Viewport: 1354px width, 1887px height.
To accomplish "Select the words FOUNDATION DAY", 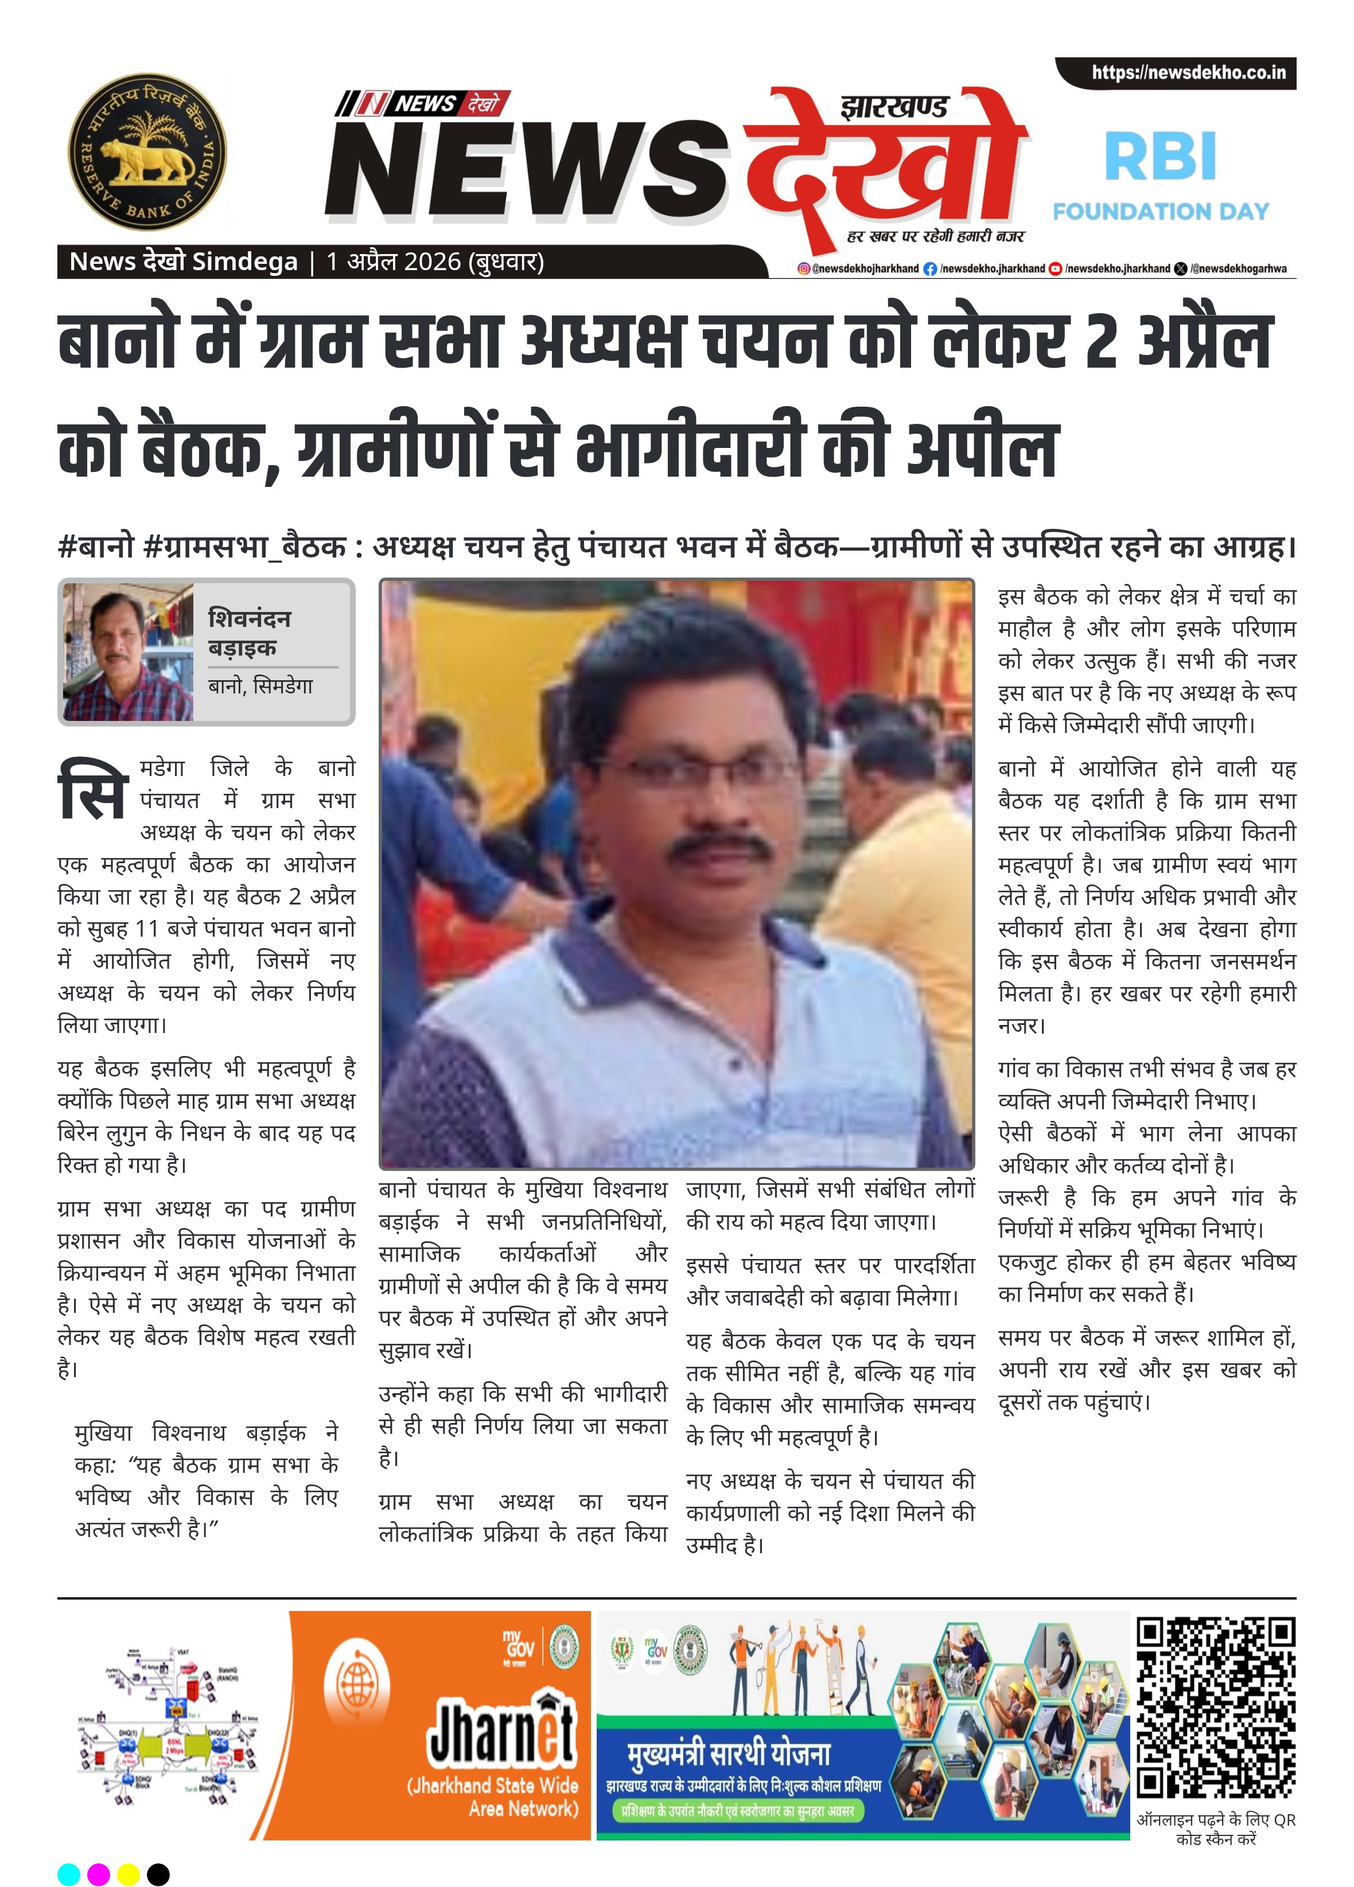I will (x=1160, y=211).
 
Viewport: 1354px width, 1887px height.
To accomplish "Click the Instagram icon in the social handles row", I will (x=803, y=269).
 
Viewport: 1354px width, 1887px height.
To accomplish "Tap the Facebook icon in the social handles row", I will (x=929, y=269).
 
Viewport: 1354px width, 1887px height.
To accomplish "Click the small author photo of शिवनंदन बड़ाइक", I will (x=128, y=652).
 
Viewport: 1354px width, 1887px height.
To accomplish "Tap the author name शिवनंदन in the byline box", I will (x=249, y=618).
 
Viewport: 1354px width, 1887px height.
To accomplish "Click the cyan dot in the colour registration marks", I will (x=69, y=1874).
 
